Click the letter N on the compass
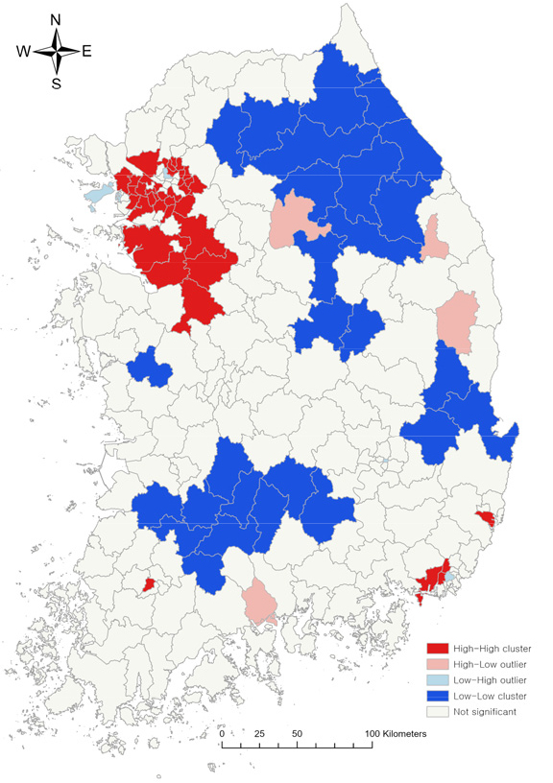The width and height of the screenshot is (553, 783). tap(56, 20)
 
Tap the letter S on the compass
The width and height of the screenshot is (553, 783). tap(56, 83)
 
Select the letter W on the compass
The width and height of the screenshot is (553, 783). tap(23, 52)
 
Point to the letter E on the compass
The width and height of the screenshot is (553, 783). tap(86, 52)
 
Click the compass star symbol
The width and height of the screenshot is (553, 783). tap(56, 52)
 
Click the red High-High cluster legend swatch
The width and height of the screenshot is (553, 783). tap(439, 649)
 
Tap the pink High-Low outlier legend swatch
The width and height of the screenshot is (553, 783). tap(439, 664)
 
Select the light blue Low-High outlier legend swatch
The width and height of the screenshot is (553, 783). tap(439, 679)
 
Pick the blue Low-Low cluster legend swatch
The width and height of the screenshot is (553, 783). tap(439, 696)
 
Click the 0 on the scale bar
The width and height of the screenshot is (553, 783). tap(223, 734)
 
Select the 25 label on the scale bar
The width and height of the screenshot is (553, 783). tap(258, 734)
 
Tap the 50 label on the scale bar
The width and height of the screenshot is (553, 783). tap(297, 734)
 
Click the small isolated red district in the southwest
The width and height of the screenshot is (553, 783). tap(149, 583)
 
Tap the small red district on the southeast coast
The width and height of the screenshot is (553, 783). tap(486, 518)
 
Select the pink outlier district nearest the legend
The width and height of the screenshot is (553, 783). tap(259, 601)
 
